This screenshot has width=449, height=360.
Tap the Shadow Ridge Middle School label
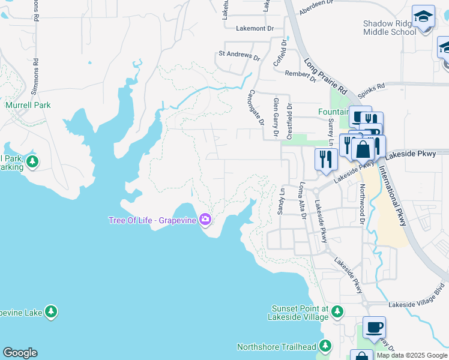coord(390,28)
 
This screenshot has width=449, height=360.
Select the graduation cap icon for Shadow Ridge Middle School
coord(423,16)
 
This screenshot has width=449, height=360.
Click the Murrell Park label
coord(28,105)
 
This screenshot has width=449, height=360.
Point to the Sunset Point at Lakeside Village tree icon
coord(337,311)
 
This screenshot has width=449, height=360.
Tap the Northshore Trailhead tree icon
coord(325,346)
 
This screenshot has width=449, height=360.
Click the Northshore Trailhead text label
coord(276,347)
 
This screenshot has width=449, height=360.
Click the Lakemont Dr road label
coord(255,28)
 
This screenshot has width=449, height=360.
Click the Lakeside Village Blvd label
coord(418,304)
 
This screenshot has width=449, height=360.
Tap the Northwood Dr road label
coord(362,202)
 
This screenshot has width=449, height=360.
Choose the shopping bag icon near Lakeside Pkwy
coord(363,149)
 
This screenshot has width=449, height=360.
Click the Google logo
coord(20,353)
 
